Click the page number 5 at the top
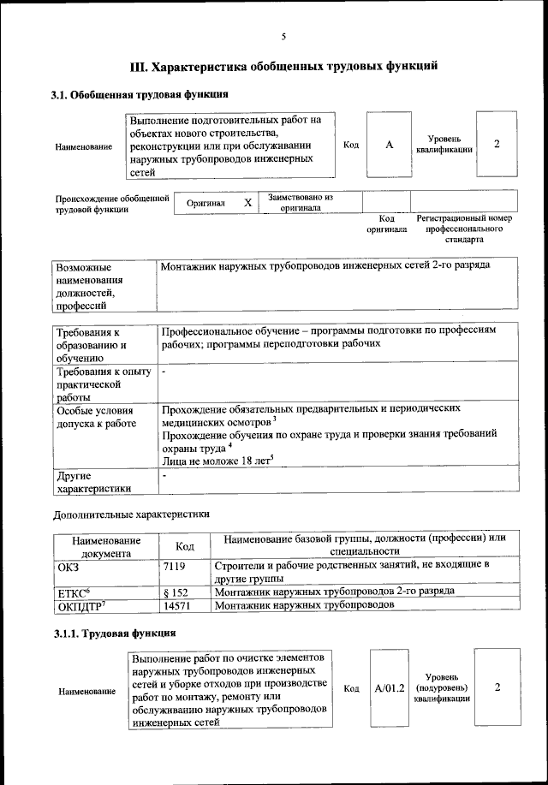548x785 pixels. (x=283, y=36)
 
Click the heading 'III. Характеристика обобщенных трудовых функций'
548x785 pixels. (x=283, y=66)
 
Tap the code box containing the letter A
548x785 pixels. (x=389, y=145)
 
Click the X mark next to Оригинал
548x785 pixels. (x=247, y=203)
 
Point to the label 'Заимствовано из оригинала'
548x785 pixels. (x=300, y=202)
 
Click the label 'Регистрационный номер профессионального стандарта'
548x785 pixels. (x=464, y=229)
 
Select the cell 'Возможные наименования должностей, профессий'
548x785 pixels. (x=88, y=286)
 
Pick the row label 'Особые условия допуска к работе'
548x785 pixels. (x=93, y=416)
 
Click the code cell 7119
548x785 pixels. (x=174, y=566)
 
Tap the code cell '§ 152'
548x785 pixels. (x=175, y=592)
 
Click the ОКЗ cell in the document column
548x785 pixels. (x=68, y=566)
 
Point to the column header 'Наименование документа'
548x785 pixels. (x=106, y=546)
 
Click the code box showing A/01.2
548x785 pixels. (x=389, y=688)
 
